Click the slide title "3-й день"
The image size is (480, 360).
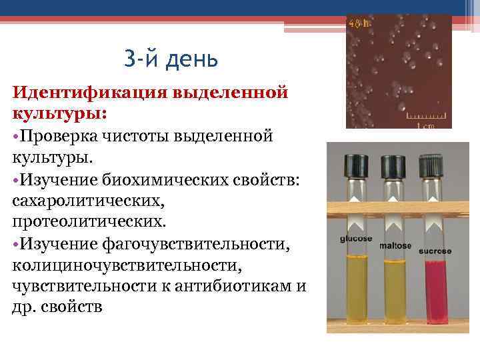[x=171, y=59]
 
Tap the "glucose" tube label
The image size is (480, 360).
[x=356, y=238]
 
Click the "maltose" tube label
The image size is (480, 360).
[x=395, y=245]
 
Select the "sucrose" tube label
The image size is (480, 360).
[x=435, y=251]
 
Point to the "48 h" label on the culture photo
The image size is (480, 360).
[x=356, y=24]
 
